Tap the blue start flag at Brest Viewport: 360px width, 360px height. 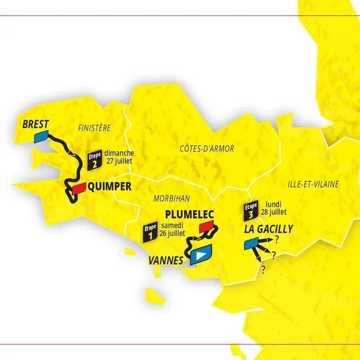pyautogui.click(x=40, y=137)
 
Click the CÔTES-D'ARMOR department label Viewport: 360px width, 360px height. pyautogui.click(x=206, y=148)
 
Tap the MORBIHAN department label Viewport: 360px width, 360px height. pyautogui.click(x=171, y=197)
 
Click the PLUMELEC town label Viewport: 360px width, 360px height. pyautogui.click(x=191, y=214)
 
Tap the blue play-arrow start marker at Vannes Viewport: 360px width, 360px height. pyautogui.click(x=200, y=255)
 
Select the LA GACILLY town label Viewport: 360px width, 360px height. pyautogui.click(x=268, y=229)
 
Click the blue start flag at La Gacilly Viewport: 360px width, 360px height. pyautogui.click(x=251, y=244)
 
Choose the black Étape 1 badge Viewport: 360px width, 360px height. pyautogui.click(x=150, y=233)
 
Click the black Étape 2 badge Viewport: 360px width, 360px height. pyautogui.click(x=94, y=161)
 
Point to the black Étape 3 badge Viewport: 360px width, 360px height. pyautogui.click(x=251, y=210)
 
